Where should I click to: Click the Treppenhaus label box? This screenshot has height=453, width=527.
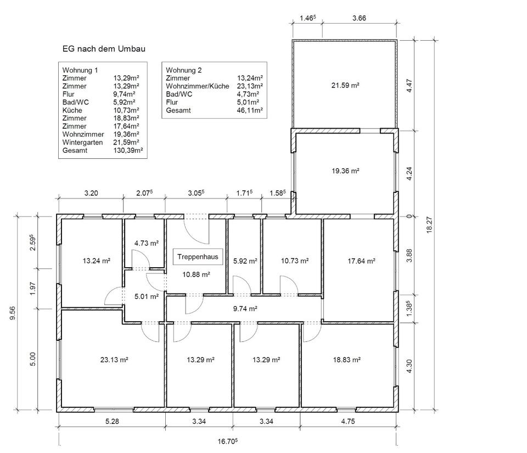198,257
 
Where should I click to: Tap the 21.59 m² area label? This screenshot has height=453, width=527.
345,85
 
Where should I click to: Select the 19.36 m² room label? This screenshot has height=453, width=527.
345,171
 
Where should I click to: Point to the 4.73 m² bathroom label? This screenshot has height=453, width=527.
146,243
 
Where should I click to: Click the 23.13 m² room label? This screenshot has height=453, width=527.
114,360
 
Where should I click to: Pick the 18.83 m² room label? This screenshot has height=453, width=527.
347,360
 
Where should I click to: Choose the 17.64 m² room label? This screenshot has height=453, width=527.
361,261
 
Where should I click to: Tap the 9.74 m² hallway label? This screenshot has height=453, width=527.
245,308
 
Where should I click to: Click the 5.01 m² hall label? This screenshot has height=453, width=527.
146,296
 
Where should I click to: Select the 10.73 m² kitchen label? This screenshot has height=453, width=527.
295,261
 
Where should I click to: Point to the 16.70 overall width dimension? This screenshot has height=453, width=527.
227,441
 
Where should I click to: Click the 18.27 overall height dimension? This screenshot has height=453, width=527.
429,225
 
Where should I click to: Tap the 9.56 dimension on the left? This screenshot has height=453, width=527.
13,313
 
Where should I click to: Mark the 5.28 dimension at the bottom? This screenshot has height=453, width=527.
112,421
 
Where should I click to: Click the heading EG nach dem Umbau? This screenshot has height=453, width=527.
104,49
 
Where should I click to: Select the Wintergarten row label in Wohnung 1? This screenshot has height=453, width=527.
82,142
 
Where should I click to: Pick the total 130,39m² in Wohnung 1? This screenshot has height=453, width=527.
128,151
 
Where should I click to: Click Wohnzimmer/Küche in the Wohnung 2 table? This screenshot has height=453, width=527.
198,86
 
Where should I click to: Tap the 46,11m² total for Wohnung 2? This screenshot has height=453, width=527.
250,110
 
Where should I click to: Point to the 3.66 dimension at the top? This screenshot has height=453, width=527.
359,18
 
